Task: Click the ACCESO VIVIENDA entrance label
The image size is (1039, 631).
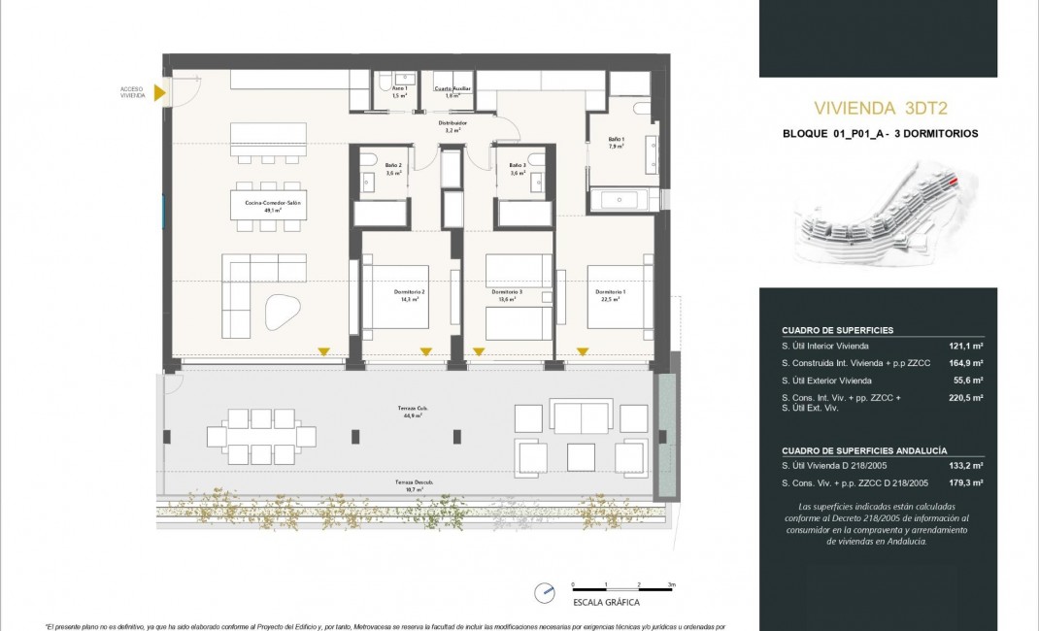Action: (133, 93)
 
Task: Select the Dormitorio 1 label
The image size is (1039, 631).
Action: (610, 294)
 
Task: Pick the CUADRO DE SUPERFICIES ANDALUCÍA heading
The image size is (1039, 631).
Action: (864, 450)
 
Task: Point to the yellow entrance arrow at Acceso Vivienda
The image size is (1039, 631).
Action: (161, 93)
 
